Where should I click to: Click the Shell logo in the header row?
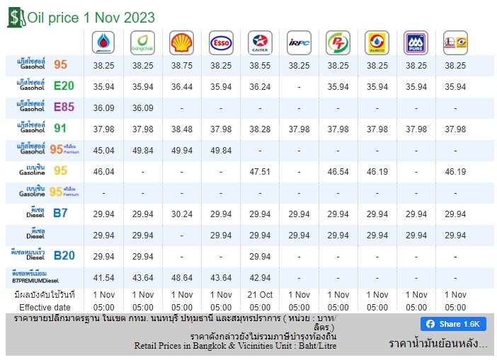click(x=182, y=42)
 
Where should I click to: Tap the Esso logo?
click(x=221, y=42)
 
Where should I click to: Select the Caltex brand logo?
click(x=260, y=42)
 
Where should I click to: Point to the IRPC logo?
click(x=299, y=42)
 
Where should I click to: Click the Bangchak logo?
click(x=143, y=42)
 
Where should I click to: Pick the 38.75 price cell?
click(x=182, y=65)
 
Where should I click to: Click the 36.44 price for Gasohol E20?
click(x=182, y=87)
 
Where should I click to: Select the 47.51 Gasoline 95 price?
click(x=260, y=171)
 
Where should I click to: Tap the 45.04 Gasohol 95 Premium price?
click(x=104, y=150)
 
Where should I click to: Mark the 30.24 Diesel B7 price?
click(x=182, y=214)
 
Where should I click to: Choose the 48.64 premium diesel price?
click(x=182, y=278)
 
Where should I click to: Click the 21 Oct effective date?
click(x=260, y=294)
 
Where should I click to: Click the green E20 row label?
click(x=64, y=86)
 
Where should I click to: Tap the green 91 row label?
click(x=61, y=129)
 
